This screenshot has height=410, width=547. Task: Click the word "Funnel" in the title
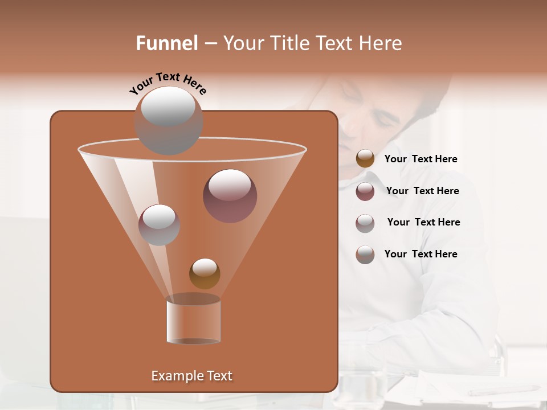pyautogui.click(x=167, y=43)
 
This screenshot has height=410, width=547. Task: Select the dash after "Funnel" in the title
pyautogui.click(x=210, y=44)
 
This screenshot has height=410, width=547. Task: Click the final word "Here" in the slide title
pyautogui.click(x=380, y=43)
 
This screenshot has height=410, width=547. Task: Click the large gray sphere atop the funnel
pyautogui.click(x=168, y=121)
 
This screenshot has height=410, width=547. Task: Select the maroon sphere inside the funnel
pyautogui.click(x=230, y=195)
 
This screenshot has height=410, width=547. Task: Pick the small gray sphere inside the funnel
pyautogui.click(x=159, y=224)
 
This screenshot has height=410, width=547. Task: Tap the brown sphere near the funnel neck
pyautogui.click(x=205, y=273)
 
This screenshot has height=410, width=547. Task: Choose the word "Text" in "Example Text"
pyautogui.click(x=219, y=376)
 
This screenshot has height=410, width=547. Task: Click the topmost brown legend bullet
pyautogui.click(x=365, y=159)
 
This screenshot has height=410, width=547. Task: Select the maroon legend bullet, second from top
pyautogui.click(x=365, y=191)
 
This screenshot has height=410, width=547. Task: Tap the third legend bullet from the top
pyautogui.click(x=365, y=223)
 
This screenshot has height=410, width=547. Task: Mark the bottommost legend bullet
pyautogui.click(x=365, y=255)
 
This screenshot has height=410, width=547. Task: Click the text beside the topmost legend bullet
pyautogui.click(x=421, y=159)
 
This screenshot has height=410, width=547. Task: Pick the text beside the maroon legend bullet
pyautogui.click(x=422, y=191)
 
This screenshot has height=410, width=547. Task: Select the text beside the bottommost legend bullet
pyautogui.click(x=421, y=254)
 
